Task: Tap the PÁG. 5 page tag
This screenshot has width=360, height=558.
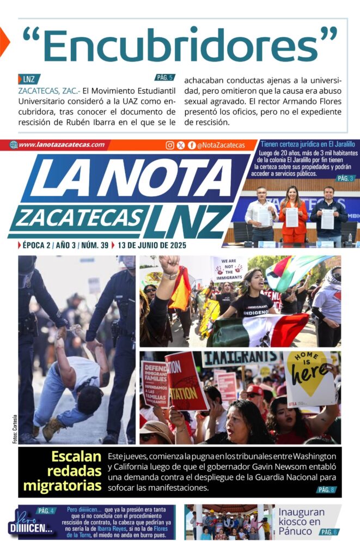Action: (165, 77)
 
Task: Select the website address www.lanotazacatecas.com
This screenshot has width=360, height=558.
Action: (61, 145)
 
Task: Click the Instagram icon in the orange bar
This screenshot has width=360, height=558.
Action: (170, 145)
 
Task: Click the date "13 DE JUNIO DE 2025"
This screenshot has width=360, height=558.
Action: (148, 246)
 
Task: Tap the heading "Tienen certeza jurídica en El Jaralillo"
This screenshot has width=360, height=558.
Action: (308, 144)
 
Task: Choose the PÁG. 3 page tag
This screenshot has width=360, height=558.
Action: (345, 178)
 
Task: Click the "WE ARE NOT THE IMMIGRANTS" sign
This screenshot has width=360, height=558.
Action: (229, 269)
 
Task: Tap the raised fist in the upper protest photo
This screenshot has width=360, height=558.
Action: (169, 265)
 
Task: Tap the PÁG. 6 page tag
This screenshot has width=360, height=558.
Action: (328, 532)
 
